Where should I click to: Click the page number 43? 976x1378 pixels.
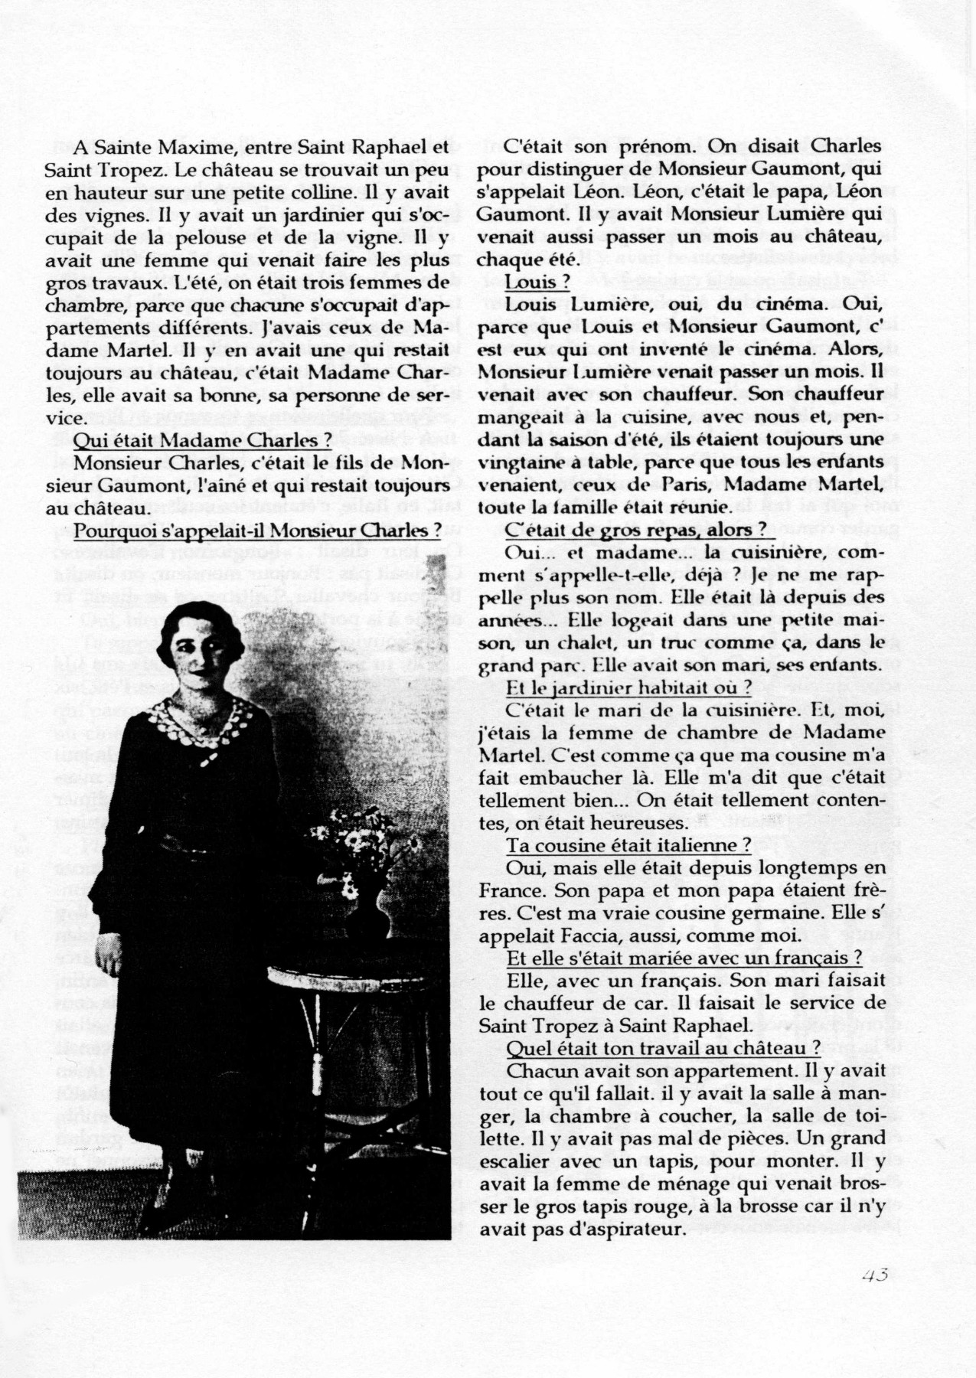[x=874, y=1275]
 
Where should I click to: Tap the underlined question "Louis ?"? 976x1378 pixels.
[x=536, y=282]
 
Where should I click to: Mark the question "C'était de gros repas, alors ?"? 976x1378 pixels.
[x=635, y=530]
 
